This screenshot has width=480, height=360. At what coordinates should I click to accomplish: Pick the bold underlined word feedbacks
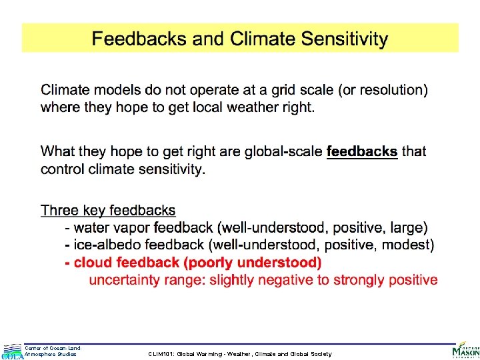tap(361, 151)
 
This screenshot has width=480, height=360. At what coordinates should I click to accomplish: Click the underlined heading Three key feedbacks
tap(108, 211)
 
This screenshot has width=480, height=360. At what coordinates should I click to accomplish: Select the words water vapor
tap(110, 228)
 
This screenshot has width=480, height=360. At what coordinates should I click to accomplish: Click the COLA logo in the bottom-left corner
tap(12, 351)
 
